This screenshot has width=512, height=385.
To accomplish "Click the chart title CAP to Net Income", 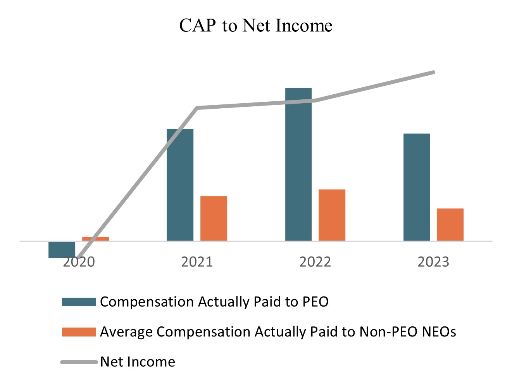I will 255,26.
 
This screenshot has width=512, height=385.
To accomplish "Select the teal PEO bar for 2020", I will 62,249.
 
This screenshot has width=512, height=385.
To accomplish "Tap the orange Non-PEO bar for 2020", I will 95,239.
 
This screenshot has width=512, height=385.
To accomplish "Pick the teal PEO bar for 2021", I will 180,185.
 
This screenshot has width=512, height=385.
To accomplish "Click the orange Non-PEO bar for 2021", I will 214,219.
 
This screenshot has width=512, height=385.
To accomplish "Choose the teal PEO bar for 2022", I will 298,164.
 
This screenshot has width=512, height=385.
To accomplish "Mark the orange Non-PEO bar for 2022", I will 332,215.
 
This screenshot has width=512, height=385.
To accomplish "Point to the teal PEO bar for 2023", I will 417,187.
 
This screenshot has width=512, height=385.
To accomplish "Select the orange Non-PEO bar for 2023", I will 450,225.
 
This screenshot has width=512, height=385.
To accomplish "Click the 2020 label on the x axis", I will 79,262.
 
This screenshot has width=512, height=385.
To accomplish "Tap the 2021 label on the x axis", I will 197,262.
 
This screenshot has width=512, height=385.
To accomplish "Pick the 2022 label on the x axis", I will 315,262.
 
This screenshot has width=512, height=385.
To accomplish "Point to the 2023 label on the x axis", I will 433,262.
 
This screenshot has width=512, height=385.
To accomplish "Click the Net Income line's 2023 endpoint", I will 433,72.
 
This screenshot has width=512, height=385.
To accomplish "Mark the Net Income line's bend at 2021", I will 197,108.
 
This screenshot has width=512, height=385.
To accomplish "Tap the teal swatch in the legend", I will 79,302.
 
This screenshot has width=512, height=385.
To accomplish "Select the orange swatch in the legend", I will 79,332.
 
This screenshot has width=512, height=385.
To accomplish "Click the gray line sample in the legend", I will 79,362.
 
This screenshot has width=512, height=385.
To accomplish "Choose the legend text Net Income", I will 138,362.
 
